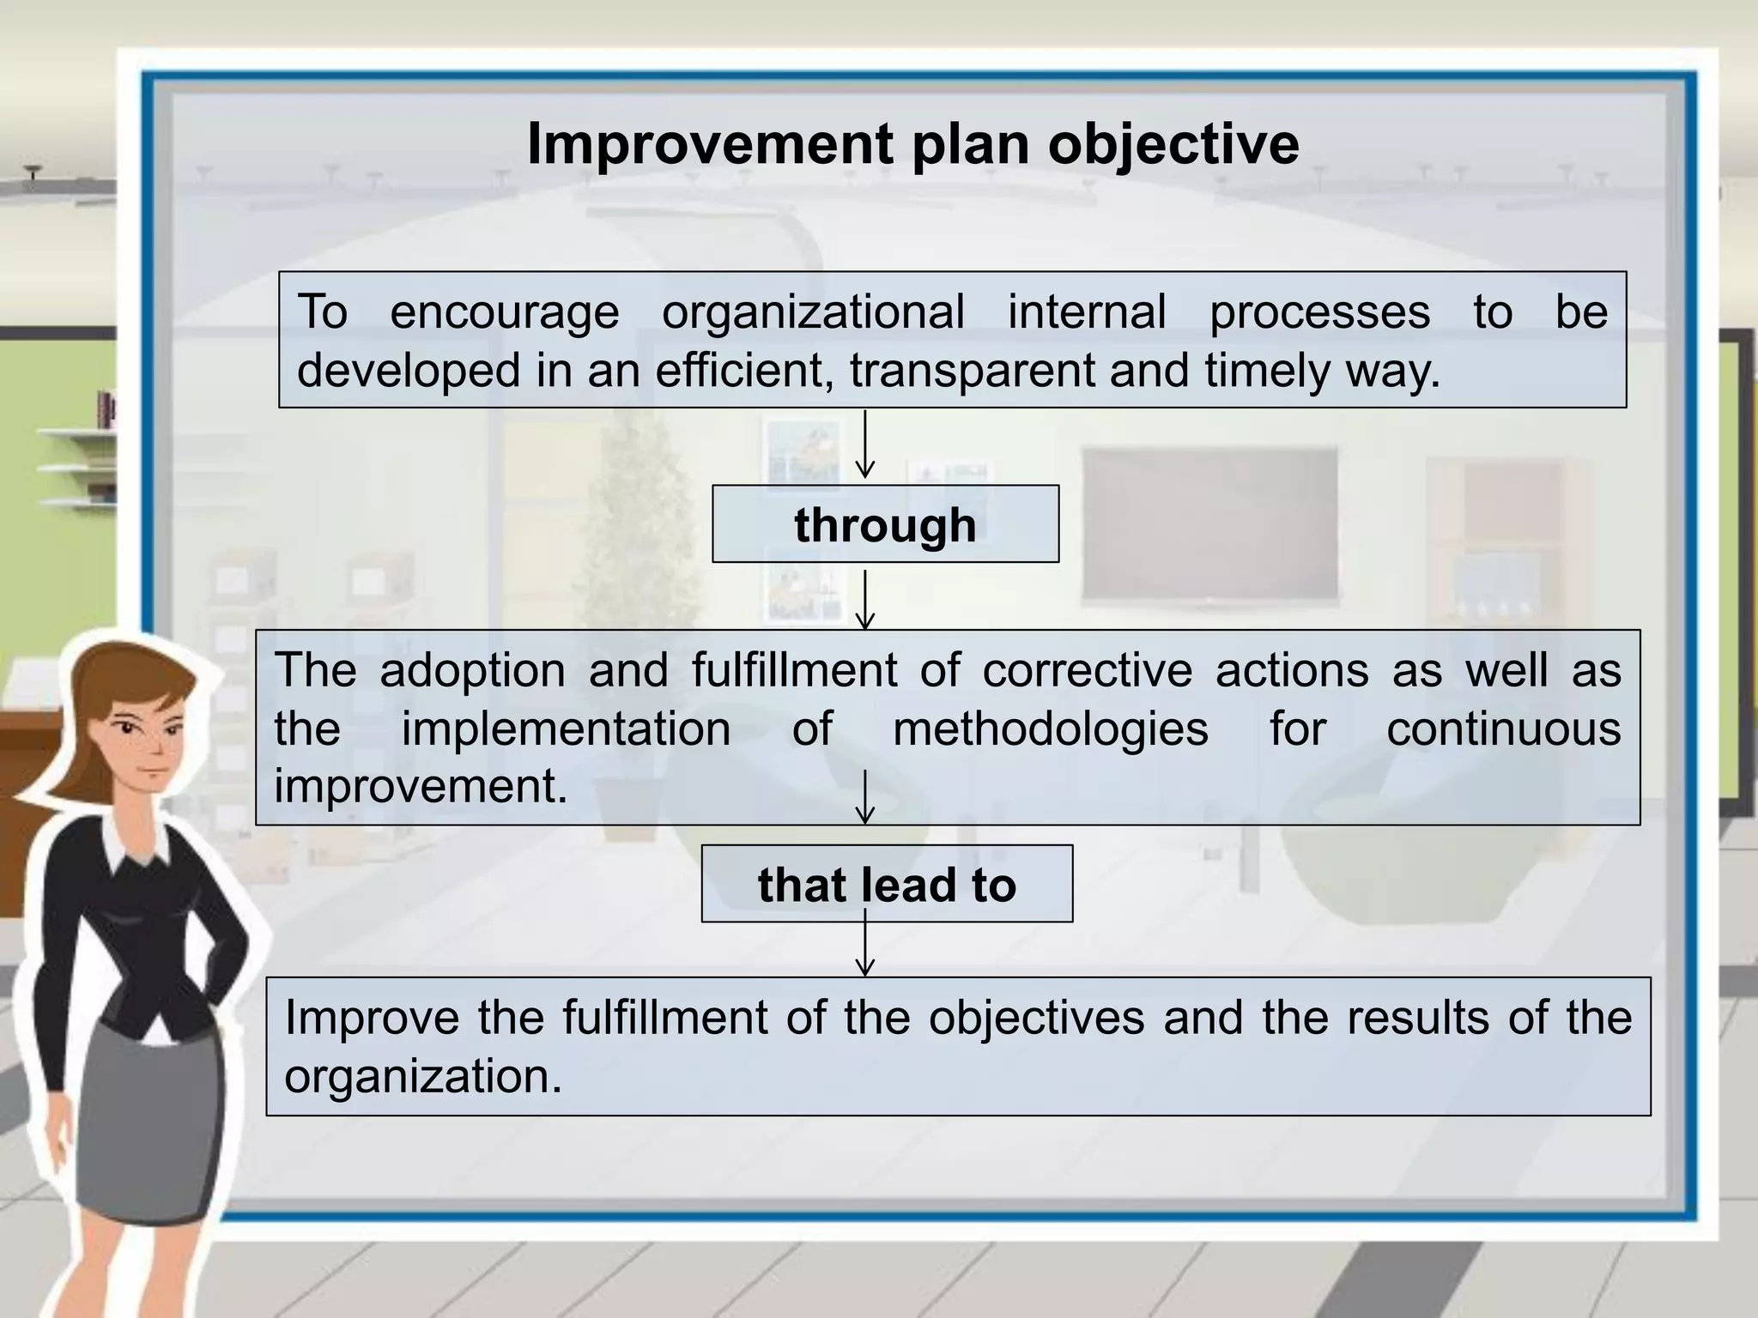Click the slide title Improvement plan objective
(912, 143)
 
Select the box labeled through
(885, 524)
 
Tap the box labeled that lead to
(887, 884)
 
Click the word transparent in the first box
(973, 371)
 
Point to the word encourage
(504, 311)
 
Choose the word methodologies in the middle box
(1050, 729)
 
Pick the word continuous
(1503, 729)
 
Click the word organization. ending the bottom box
(423, 1077)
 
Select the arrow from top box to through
(865, 444)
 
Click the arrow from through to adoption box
(865, 599)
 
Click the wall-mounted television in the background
(1209, 523)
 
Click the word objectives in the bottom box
(1036, 1018)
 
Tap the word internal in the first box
(1087, 311)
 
